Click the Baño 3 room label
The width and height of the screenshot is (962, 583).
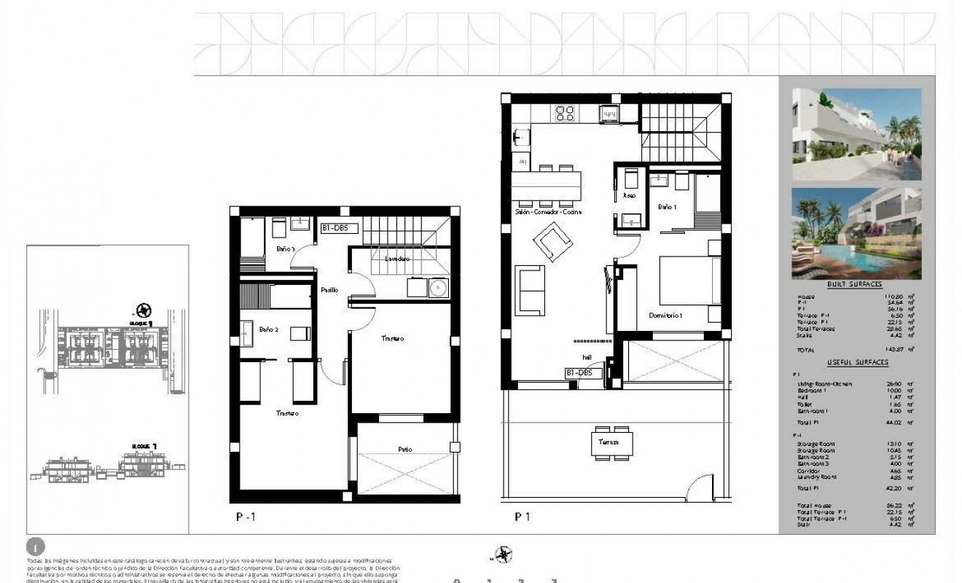pyautogui.click(x=286, y=249)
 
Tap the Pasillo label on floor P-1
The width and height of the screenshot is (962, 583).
pyautogui.click(x=329, y=290)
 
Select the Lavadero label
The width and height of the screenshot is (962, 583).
pyautogui.click(x=393, y=259)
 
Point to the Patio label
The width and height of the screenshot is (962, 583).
pyautogui.click(x=404, y=450)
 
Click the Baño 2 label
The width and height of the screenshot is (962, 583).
pyautogui.click(x=268, y=329)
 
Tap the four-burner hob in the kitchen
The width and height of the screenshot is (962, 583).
pyautogui.click(x=564, y=113)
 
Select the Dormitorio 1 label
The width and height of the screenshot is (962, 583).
pyautogui.click(x=665, y=315)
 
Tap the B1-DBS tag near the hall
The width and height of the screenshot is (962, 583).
pyautogui.click(x=584, y=372)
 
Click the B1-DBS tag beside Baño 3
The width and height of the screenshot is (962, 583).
pyautogui.click(x=339, y=227)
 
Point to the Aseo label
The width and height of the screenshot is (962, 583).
pyautogui.click(x=630, y=195)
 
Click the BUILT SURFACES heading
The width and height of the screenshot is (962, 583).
pyautogui.click(x=854, y=284)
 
